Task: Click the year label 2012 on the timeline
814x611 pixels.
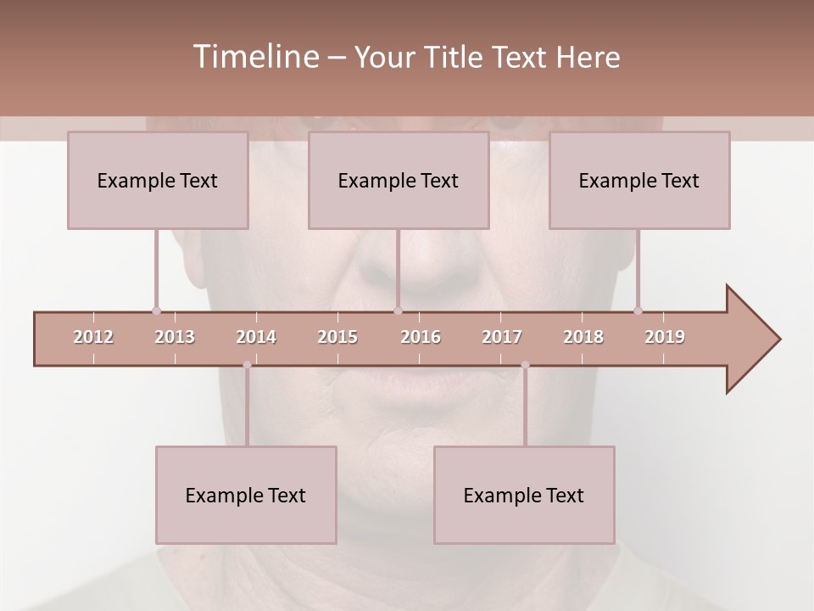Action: [93, 337]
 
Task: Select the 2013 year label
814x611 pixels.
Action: [175, 337]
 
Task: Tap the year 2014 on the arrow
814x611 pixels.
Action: [256, 337]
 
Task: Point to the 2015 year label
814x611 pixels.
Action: [337, 337]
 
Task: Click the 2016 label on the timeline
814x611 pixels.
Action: [421, 337]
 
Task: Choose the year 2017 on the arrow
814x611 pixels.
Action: [502, 337]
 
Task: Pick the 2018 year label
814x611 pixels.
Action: [583, 337]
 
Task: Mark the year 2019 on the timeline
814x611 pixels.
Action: [665, 337]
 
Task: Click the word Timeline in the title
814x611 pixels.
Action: [254, 57]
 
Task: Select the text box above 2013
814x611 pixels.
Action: [158, 180]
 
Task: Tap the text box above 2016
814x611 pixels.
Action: [399, 180]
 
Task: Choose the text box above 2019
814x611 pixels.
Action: [639, 180]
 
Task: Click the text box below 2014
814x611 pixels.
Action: [246, 495]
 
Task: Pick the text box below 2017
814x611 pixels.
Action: [524, 495]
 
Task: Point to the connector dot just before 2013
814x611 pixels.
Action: [156, 311]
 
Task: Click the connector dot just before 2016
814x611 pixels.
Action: [399, 311]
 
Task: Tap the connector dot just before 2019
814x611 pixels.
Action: [638, 311]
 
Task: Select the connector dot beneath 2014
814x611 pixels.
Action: [247, 365]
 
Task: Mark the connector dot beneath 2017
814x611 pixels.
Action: [525, 365]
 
